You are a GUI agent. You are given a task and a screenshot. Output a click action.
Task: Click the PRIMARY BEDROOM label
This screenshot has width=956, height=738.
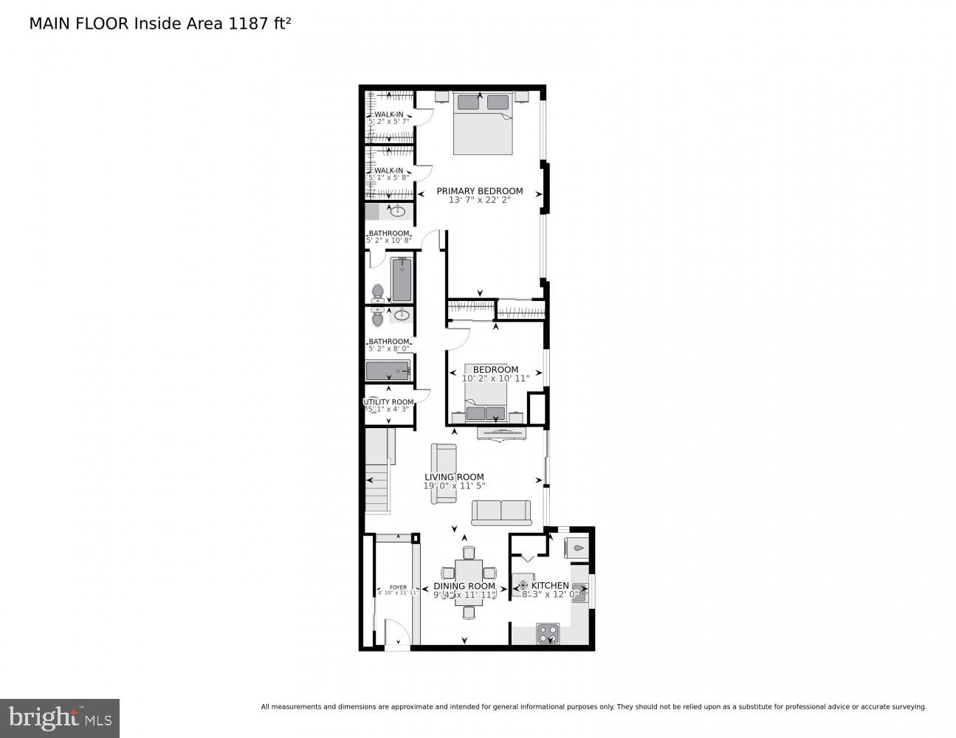click(x=479, y=190)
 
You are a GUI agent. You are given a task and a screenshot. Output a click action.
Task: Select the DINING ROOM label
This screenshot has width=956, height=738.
click(x=464, y=586)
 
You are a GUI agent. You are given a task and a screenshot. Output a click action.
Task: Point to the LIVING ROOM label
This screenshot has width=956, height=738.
click(x=454, y=477)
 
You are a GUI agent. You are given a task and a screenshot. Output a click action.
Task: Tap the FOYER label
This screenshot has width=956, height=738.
click(x=398, y=587)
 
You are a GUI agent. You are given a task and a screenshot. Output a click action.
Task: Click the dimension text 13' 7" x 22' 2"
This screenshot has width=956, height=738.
click(x=479, y=200)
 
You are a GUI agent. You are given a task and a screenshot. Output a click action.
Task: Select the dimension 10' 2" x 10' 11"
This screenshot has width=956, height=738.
click(x=495, y=378)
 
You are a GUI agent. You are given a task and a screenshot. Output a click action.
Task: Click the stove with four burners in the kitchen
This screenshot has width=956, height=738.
click(x=547, y=633)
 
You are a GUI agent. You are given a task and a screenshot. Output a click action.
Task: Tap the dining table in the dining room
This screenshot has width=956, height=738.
click(x=469, y=582)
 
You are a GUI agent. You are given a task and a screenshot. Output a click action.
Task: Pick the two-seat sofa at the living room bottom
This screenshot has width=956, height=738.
click(x=501, y=511)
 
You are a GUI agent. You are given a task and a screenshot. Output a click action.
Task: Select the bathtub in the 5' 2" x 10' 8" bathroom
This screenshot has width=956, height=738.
click(x=402, y=279)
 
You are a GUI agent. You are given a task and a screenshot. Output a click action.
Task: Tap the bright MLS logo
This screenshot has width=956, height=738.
click(x=60, y=717)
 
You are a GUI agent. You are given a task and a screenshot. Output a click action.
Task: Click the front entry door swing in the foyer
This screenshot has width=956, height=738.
click(x=396, y=634)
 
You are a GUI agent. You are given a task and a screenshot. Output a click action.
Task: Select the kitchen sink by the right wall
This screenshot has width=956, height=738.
click(x=580, y=592)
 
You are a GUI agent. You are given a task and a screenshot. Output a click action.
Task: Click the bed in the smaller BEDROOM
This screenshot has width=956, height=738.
click(x=486, y=407)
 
